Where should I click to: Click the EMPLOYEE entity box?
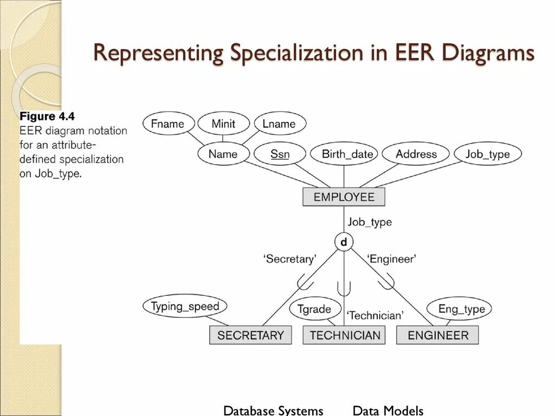tap(344, 197)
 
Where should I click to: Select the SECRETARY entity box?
tap(250, 335)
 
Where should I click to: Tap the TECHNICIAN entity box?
tap(345, 335)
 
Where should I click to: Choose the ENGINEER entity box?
tap(438, 335)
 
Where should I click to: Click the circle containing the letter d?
tap(344, 242)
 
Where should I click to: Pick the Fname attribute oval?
tap(168, 123)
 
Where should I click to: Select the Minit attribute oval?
tap(223, 123)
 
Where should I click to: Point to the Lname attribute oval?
tap(279, 123)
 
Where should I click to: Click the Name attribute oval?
tap(223, 154)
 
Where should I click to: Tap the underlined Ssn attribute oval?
tap(280, 154)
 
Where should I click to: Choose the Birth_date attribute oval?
tap(347, 154)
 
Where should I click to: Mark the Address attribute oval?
tap(416, 154)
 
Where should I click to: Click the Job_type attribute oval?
tap(487, 154)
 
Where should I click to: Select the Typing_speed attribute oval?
tap(185, 306)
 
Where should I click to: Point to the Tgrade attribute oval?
tap(314, 309)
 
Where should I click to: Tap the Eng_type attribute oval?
tap(459, 309)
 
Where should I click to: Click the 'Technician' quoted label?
tap(375, 315)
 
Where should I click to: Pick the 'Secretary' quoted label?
tap(290, 259)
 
